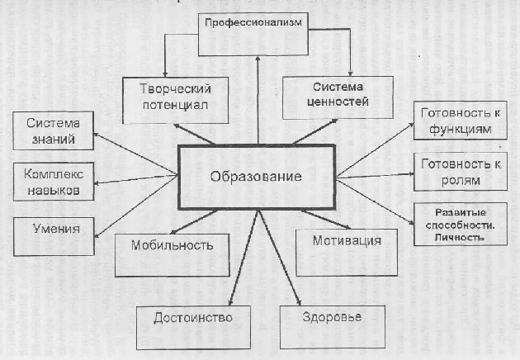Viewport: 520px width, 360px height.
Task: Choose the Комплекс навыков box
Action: [x=53, y=182]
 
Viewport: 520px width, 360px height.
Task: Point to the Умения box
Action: [x=53, y=229]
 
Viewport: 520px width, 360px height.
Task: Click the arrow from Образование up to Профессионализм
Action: [x=258, y=99]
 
